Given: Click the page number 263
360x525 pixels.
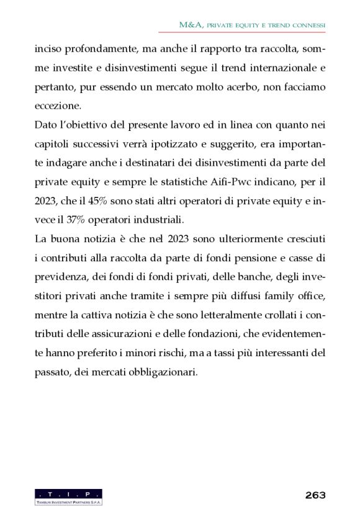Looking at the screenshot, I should click(315, 495).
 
